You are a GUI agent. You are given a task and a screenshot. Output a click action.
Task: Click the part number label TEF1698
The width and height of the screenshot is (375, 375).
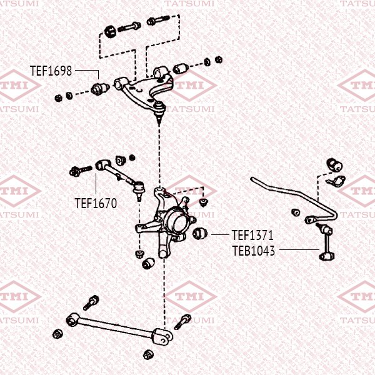coord(51,71)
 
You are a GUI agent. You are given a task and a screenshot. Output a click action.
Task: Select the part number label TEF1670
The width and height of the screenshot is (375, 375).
coord(96,202)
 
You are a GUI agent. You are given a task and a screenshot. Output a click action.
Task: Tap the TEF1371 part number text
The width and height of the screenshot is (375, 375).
coord(252,236)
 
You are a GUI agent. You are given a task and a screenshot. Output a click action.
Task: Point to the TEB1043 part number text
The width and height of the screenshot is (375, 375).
coord(253,250)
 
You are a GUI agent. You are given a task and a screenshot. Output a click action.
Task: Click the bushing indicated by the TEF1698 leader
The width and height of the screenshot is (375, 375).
coord(97,88)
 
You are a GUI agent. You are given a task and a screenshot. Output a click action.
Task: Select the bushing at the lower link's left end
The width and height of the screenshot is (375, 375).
coord(72,320)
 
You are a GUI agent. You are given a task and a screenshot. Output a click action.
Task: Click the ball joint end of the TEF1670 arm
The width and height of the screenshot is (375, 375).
coord(139,186)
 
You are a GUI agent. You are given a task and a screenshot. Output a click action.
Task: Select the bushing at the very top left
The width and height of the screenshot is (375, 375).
coord(111,29)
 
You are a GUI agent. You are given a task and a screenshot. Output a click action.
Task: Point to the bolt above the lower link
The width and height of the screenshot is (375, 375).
coord(91,301)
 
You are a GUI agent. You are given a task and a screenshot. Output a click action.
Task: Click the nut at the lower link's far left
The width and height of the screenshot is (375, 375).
coord(57,332)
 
